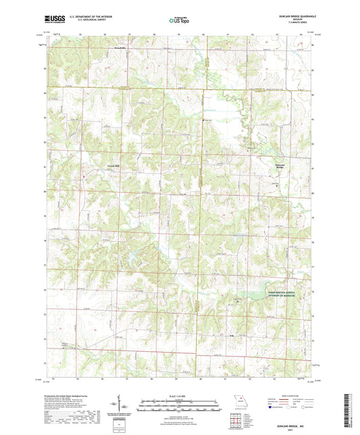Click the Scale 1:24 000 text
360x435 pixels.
[180, 396]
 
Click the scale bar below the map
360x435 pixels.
[180, 407]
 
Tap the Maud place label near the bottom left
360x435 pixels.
[65, 344]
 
